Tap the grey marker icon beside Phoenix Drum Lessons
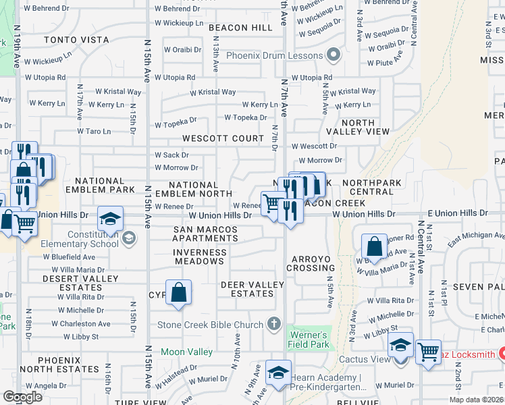pos(332,55)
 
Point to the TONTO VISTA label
pos(76,40)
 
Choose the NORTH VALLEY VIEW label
pos(356,127)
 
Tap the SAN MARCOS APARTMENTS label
pos(205,234)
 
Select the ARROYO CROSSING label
pos(314,263)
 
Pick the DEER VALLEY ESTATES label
pos(252,289)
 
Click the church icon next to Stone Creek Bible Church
pos(273,323)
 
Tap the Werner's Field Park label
pos(309,340)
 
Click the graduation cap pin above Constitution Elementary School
pos(111,218)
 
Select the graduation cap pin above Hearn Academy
pos(278,372)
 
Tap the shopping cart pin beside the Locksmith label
pos(428,352)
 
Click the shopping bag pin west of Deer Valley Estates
pos(178,292)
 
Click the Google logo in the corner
pos(22,397)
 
